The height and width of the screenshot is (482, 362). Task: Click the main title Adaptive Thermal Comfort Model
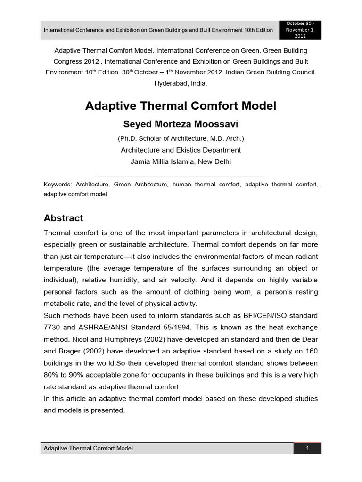click(181, 106)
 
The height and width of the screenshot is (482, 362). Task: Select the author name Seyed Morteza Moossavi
click(181, 124)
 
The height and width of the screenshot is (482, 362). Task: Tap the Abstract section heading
click(63, 218)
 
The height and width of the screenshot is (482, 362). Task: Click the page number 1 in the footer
click(307, 448)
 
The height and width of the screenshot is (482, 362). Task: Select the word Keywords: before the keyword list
click(58, 185)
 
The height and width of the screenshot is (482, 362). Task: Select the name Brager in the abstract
click(71, 351)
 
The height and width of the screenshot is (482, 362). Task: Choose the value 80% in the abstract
click(51, 375)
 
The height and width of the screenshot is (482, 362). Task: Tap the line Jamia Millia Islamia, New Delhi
click(181, 161)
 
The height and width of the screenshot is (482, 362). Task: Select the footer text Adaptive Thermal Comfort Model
click(88, 448)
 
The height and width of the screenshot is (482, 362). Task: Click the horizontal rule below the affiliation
click(181, 176)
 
